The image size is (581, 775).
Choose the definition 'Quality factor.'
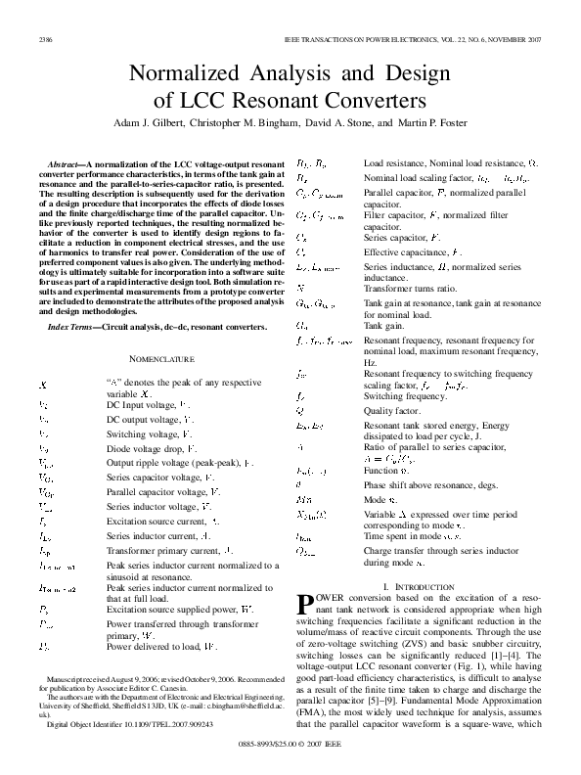click(x=391, y=412)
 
